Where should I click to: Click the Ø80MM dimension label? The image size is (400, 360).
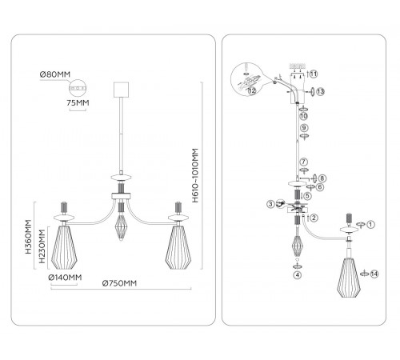click(55, 74)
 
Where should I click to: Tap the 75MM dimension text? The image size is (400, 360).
click(78, 102)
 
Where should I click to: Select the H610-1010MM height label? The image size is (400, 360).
click(195, 175)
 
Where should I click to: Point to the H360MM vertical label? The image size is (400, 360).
click(29, 237)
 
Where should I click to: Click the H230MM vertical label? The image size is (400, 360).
click(42, 246)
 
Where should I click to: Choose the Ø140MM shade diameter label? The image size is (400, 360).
click(65, 278)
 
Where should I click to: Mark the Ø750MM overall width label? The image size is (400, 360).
click(119, 283)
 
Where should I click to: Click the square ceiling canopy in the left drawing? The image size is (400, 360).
click(121, 90)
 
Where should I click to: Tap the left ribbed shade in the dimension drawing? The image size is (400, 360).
click(64, 247)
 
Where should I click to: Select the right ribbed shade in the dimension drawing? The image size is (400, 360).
click(178, 247)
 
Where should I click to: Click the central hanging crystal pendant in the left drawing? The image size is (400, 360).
click(121, 227)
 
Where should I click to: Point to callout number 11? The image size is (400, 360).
click(314, 74)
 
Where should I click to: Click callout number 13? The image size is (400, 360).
click(320, 92)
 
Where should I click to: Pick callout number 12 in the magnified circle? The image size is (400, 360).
click(252, 90)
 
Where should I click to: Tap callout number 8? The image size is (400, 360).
click(322, 178)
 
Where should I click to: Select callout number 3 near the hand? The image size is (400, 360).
click(270, 204)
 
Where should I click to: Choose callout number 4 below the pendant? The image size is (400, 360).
click(298, 274)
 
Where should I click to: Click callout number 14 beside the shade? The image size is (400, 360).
click(374, 274)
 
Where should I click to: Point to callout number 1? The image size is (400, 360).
click(370, 225)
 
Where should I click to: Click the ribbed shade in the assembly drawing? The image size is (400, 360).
click(349, 278)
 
